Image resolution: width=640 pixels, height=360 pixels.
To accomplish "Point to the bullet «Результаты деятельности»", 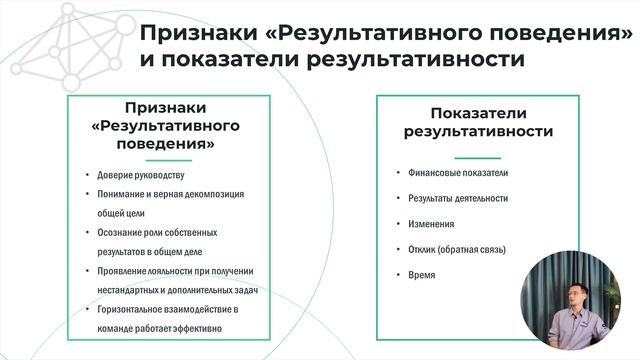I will coord(458,199).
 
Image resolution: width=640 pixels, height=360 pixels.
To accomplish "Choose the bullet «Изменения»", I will coord(431,224).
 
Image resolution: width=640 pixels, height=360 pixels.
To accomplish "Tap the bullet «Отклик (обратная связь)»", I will coord(457,249).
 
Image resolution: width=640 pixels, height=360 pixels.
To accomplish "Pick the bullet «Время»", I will coord(421,274).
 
